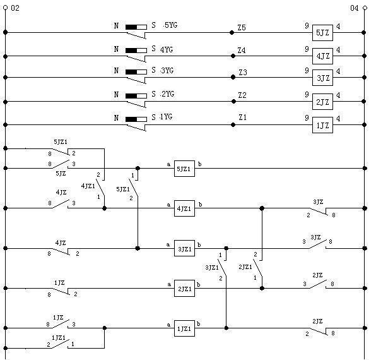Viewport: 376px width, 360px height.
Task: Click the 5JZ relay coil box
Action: (322, 33)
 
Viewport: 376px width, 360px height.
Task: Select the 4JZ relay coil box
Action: (322, 56)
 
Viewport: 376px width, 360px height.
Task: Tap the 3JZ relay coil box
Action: (322, 78)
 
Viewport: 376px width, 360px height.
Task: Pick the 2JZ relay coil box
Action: (322, 102)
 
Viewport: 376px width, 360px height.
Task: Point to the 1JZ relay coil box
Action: (322, 125)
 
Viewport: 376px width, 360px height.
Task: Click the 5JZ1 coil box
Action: (184, 169)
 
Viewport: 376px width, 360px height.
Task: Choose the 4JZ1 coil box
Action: (184, 208)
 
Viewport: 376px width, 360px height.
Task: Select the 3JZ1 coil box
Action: (184, 248)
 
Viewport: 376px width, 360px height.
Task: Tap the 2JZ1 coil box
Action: (184, 288)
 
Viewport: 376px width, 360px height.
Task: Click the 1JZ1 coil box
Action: (184, 328)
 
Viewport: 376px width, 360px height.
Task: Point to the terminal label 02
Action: (15, 8)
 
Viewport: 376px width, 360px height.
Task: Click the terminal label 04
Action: (355, 8)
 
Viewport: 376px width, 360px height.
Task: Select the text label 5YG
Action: (171, 25)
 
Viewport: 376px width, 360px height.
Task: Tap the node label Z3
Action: (243, 72)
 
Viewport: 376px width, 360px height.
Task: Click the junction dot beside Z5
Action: (232, 32)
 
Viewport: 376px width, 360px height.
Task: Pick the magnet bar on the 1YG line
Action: (136, 119)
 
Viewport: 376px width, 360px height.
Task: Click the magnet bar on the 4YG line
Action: (136, 51)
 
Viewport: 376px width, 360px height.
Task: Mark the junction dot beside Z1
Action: (233, 125)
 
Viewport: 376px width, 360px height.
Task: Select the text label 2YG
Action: (168, 94)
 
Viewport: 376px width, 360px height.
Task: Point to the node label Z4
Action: (242, 51)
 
